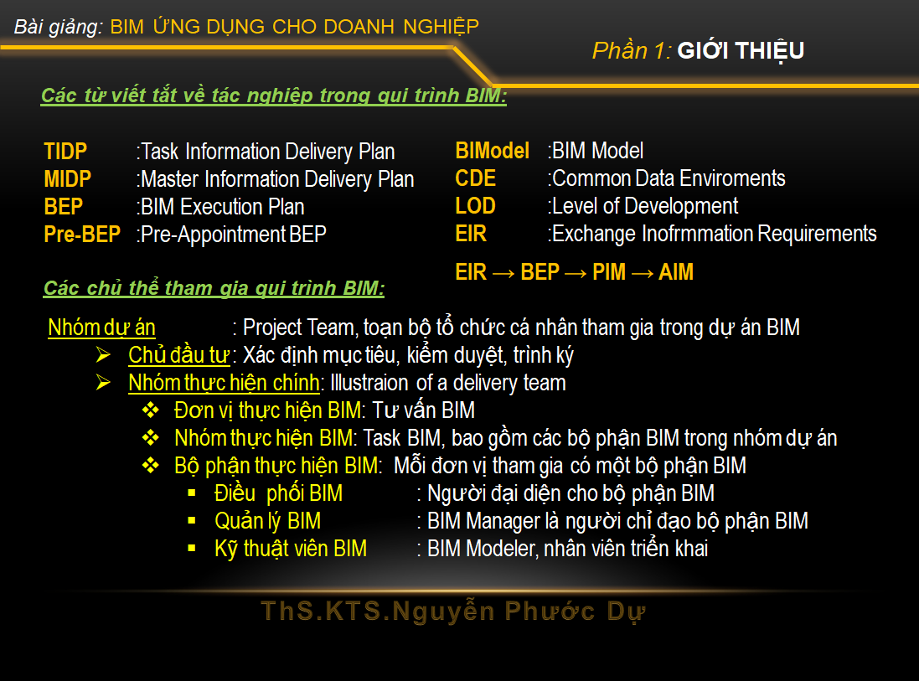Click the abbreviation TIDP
(x=65, y=152)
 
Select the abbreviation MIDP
(x=68, y=178)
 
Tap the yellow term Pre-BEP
(x=83, y=235)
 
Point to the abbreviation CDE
(x=476, y=178)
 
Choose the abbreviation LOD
(x=476, y=206)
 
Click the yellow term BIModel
(x=493, y=151)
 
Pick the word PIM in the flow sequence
(x=610, y=272)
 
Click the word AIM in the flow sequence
(x=676, y=272)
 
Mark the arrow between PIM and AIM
(x=643, y=273)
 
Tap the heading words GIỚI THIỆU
(x=741, y=51)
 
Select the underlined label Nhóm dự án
(x=102, y=328)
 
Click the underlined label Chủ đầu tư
(x=178, y=355)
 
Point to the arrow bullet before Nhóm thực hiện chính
(x=103, y=383)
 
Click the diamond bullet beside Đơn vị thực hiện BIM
(x=151, y=410)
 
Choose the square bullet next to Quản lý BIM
(x=192, y=520)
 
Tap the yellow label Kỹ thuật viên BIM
(x=291, y=549)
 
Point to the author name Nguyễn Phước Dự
(x=519, y=611)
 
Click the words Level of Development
(x=645, y=206)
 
